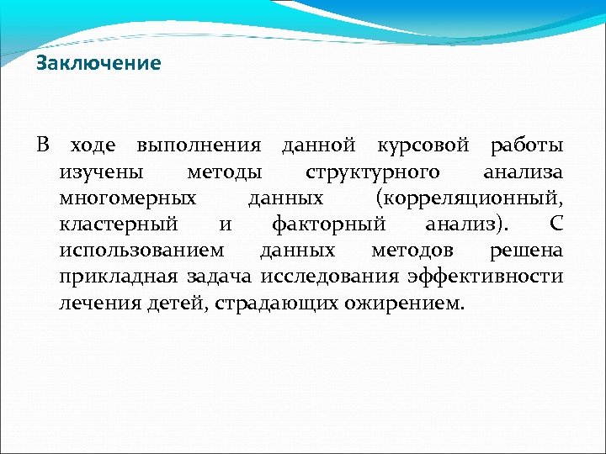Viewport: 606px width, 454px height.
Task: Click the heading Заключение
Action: (x=98, y=64)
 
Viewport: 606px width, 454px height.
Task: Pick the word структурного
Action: (x=372, y=173)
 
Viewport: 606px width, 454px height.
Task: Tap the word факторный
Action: (x=328, y=225)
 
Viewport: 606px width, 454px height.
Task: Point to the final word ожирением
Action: (x=402, y=304)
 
